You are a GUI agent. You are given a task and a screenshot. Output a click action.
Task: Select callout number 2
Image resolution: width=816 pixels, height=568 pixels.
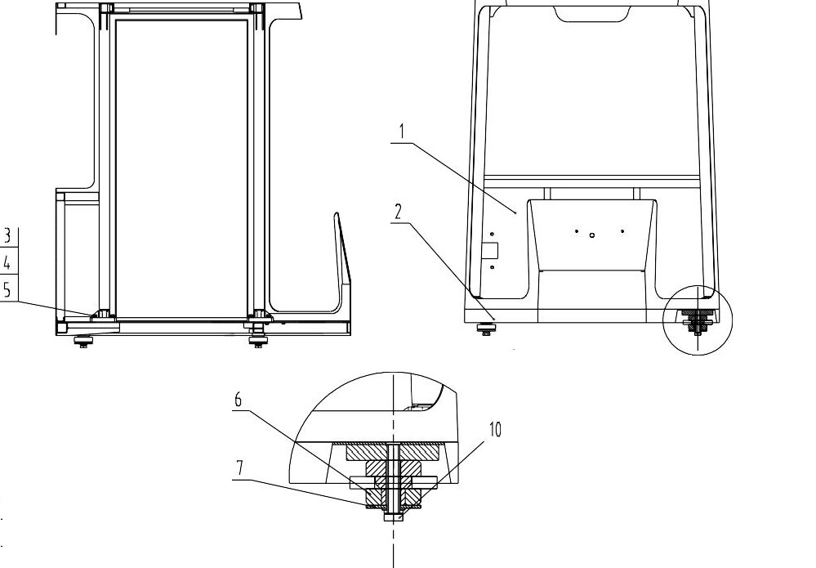(398, 212)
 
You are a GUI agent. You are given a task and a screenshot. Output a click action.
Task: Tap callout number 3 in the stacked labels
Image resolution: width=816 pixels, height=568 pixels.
(7, 237)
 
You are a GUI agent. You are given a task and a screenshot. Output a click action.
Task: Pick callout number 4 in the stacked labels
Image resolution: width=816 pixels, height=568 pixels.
(7, 263)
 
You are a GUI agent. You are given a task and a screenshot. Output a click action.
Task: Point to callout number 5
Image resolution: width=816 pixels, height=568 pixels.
(7, 289)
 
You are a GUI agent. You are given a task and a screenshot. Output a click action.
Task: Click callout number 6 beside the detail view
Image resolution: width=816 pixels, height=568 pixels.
(239, 400)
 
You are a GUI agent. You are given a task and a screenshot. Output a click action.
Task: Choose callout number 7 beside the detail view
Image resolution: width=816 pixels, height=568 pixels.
(239, 468)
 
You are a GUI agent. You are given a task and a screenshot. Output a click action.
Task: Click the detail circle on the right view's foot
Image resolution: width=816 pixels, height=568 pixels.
(698, 320)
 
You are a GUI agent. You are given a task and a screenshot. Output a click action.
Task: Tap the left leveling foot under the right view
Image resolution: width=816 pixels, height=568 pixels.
(488, 330)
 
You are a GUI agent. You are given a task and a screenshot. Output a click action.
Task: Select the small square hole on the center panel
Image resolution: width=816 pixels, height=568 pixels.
(592, 235)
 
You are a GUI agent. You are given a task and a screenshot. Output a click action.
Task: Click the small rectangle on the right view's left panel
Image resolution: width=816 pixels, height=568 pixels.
(491, 250)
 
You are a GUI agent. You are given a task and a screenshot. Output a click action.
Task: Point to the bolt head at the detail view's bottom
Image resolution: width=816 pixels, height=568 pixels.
(394, 516)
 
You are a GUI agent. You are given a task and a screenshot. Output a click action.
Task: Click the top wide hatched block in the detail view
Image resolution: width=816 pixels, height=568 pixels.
(394, 450)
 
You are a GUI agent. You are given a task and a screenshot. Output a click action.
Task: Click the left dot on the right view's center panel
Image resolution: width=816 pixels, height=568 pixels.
(577, 231)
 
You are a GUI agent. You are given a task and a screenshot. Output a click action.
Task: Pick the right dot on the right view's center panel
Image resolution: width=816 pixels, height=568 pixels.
(622, 231)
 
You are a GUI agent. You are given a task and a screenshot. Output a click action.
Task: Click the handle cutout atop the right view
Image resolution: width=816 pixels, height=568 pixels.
(592, 13)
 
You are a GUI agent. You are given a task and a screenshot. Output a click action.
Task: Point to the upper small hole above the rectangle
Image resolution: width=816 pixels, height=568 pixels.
(492, 234)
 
